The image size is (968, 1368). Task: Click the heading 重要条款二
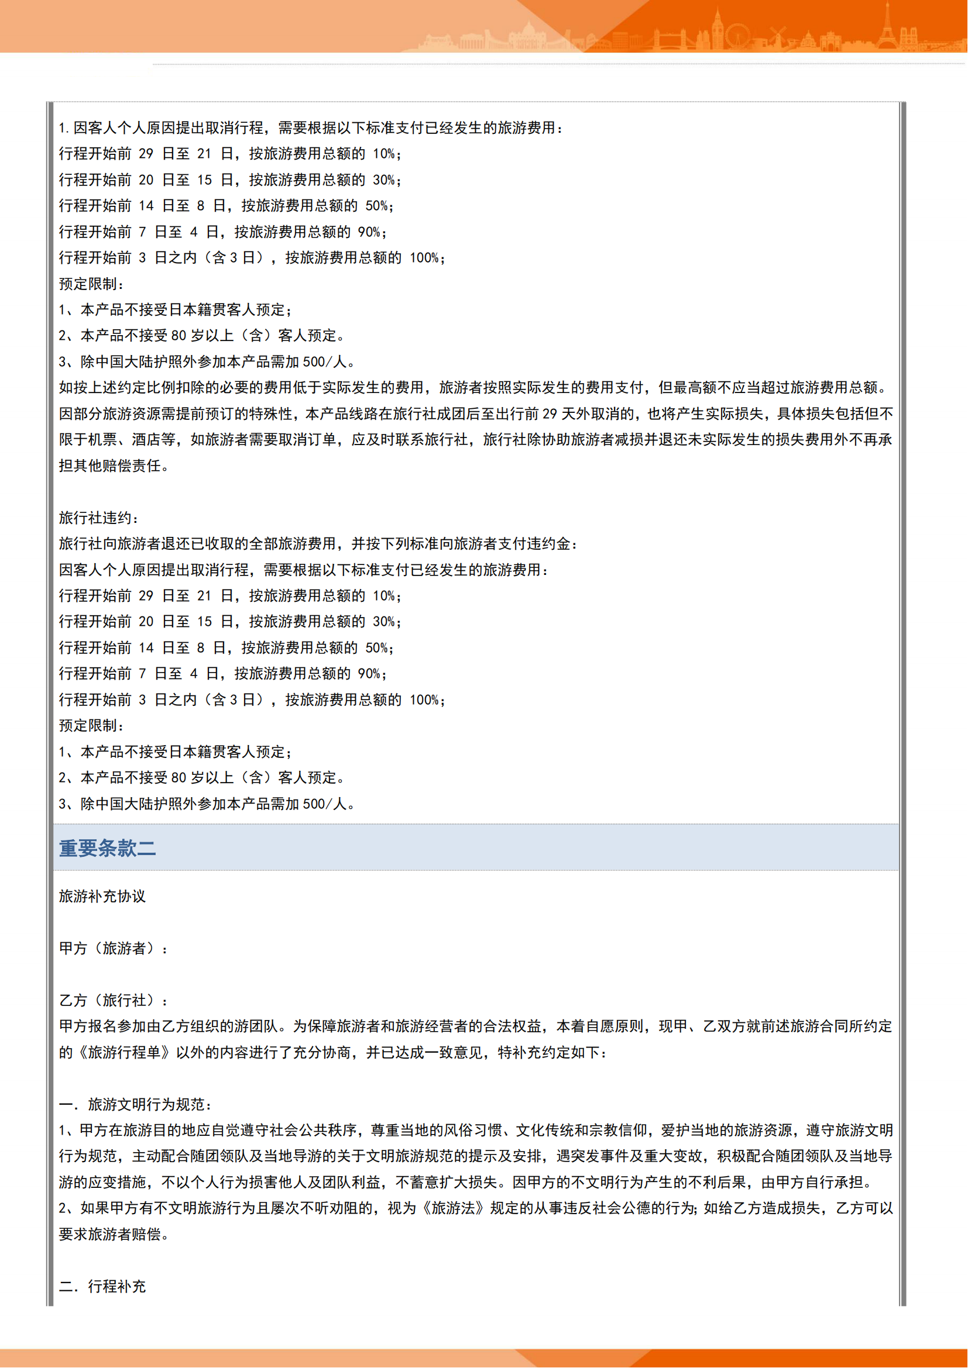pyautogui.click(x=107, y=848)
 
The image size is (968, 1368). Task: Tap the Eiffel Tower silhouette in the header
pyautogui.click(x=886, y=27)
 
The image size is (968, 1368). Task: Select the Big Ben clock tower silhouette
pyautogui.click(x=718, y=27)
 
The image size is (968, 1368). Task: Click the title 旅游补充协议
pyautogui.click(x=102, y=896)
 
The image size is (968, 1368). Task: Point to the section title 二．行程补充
pyautogui.click(x=102, y=1286)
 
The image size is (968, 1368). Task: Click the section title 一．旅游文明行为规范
pyautogui.click(x=135, y=1104)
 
